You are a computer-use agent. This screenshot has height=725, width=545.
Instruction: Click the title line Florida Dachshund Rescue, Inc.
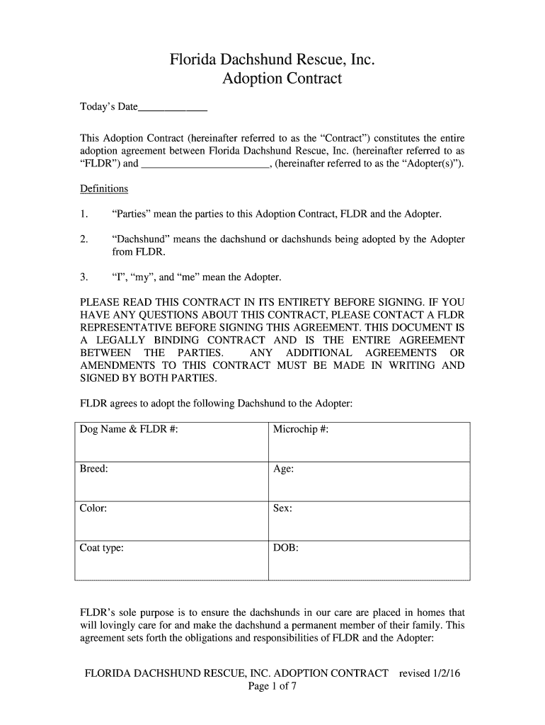[x=272, y=60]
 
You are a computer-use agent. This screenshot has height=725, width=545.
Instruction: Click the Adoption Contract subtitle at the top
[x=282, y=79]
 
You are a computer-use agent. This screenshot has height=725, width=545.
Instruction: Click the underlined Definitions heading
[x=104, y=189]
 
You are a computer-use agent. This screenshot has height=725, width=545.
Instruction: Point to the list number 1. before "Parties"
[x=84, y=214]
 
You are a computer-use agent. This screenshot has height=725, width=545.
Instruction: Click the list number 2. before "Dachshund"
[x=84, y=239]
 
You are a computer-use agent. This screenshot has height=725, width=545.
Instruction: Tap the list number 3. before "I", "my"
[x=84, y=277]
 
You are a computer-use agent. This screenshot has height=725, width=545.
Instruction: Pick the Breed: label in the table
[x=94, y=469]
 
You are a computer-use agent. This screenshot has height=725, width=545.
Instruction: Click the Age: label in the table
[x=283, y=469]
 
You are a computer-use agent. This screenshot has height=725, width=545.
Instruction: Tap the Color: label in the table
[x=93, y=508]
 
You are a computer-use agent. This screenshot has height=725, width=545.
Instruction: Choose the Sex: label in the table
[x=282, y=508]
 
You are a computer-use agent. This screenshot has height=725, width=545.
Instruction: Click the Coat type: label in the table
[x=102, y=548]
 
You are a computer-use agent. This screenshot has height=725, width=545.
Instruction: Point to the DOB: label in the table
[x=286, y=548]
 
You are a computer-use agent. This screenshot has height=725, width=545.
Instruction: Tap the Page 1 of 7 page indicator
[x=272, y=687]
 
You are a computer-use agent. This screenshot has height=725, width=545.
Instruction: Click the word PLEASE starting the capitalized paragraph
[x=101, y=302]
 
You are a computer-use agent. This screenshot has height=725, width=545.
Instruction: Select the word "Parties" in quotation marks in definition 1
[x=131, y=214]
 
